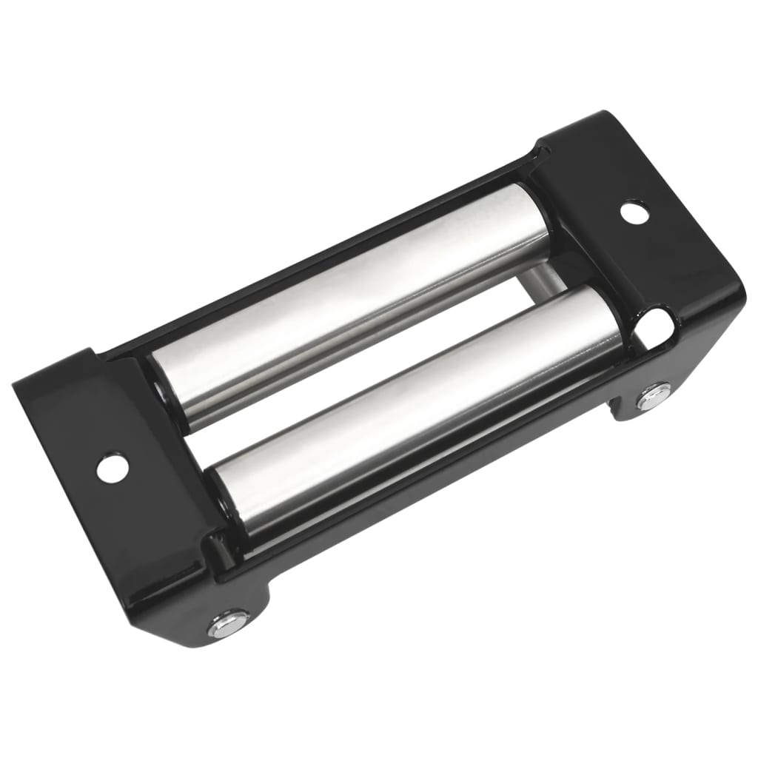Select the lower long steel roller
coord(415,400)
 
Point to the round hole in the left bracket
coord(112,466)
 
